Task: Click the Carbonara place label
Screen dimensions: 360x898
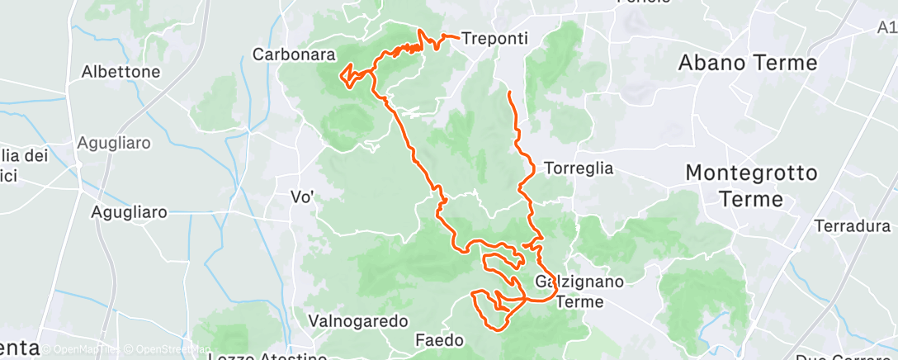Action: [293, 55]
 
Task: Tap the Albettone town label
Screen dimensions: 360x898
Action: [121, 72]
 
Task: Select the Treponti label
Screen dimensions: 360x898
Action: [494, 38]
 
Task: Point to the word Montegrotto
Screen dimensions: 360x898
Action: [751, 173]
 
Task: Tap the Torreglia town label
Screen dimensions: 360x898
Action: [578, 168]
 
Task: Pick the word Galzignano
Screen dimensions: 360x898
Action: [578, 282]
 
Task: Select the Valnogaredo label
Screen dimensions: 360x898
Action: [358, 320]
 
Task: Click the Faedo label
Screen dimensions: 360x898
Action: [440, 339]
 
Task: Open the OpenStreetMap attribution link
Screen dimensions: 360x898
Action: [168, 350]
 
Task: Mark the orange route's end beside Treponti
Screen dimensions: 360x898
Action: [457, 37]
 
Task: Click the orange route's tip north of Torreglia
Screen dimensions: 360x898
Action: [509, 92]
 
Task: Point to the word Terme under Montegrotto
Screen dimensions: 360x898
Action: [751, 199]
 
